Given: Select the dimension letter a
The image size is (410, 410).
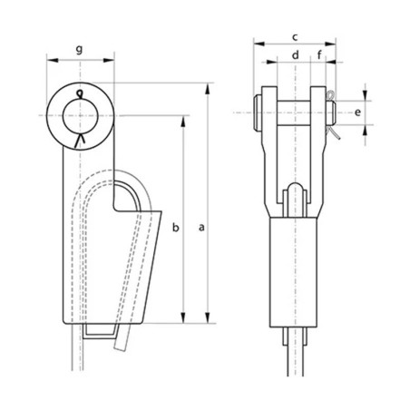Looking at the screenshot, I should (200, 231).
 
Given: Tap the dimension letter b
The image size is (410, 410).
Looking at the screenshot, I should (177, 225).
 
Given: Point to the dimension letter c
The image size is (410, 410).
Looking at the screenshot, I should (295, 35).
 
